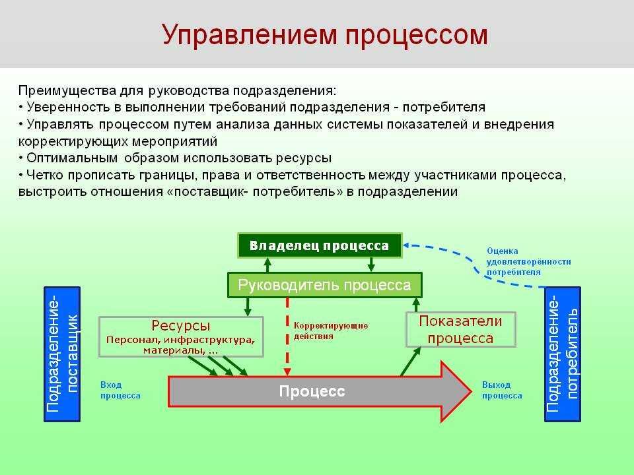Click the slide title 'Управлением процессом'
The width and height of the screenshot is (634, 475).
coord(325,36)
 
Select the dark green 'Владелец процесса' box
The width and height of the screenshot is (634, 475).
coord(320,245)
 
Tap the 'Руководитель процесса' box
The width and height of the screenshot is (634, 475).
coord(325,285)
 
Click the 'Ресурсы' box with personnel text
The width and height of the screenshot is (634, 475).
coord(181,337)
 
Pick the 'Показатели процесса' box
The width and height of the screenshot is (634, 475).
coord(461,330)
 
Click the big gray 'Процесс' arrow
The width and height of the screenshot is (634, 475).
coord(320,391)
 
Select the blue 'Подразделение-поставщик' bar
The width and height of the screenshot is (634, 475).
coord(62,354)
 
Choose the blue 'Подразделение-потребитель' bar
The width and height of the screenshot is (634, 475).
coord(563,354)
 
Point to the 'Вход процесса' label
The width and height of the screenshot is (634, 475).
coord(120,390)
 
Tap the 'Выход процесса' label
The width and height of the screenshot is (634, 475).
coord(502,390)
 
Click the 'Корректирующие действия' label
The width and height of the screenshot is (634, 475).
coord(331,331)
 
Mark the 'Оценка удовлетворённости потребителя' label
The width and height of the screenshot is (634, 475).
coord(529,261)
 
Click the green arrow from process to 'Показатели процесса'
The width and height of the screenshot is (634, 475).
coord(410,362)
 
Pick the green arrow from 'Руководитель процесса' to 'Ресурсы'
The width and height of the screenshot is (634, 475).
coord(248,307)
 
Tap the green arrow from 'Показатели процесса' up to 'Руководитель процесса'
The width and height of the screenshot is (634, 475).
coord(416,305)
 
